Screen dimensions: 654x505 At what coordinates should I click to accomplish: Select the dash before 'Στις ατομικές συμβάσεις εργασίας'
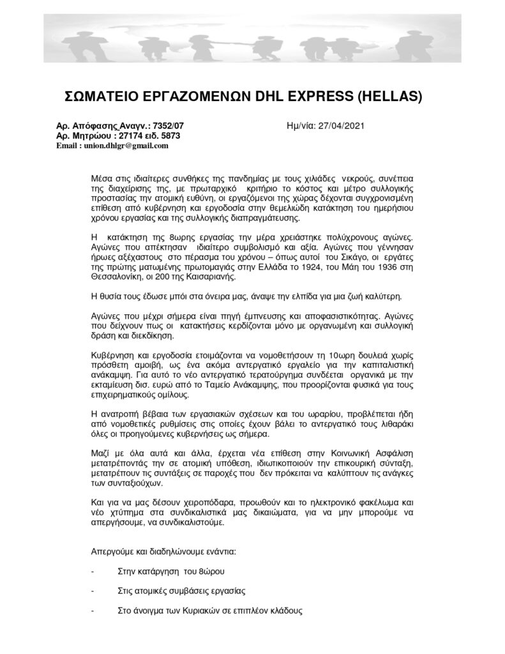(93, 590)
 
